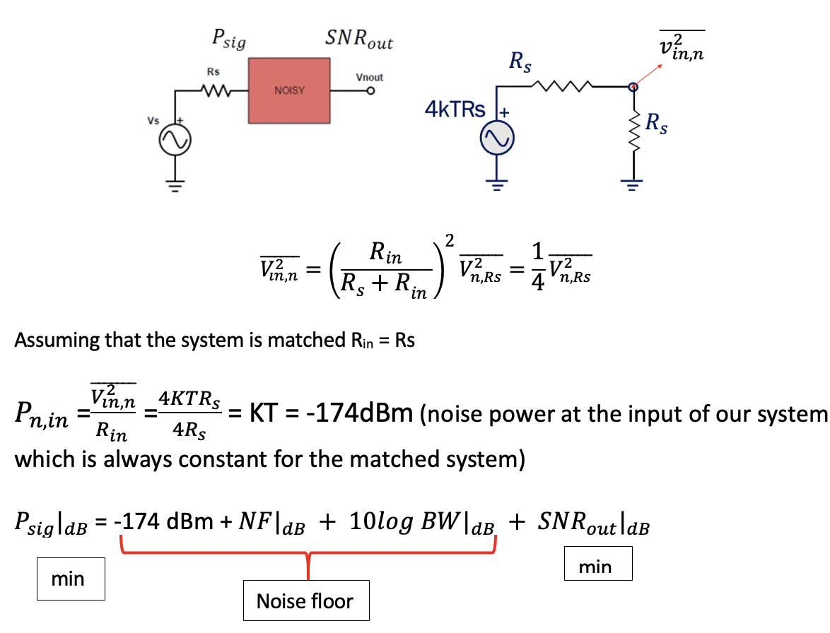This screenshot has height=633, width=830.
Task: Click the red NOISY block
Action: (x=289, y=90)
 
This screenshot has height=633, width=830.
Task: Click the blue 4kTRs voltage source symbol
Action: (x=497, y=141)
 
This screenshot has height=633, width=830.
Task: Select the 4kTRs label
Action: (x=455, y=110)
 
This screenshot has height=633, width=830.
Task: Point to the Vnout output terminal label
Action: (x=369, y=78)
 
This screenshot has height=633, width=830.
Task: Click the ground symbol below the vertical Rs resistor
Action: (x=633, y=186)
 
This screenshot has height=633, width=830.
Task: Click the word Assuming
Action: (x=57, y=340)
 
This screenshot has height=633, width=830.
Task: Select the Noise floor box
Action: (x=305, y=601)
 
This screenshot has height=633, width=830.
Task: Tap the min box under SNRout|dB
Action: (x=598, y=566)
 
